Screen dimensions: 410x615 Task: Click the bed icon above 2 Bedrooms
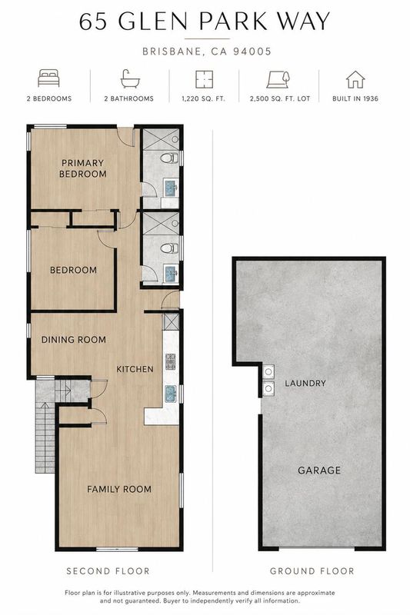tap(48, 78)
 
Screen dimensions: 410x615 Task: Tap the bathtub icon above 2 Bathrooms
tap(129, 78)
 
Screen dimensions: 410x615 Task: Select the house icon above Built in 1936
tap(355, 79)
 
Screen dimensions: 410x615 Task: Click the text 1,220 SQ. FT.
tap(203, 99)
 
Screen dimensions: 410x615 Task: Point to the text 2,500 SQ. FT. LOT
tap(280, 99)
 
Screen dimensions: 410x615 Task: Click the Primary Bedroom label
tap(83, 168)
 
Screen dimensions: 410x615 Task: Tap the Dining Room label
tap(74, 340)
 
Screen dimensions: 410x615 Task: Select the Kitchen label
tap(135, 369)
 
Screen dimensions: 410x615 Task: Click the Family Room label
tap(119, 489)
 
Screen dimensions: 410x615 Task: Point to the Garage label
tap(319, 470)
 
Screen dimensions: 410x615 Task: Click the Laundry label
tap(305, 383)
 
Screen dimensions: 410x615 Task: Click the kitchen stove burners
tap(171, 361)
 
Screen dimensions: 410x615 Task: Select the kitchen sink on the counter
tap(171, 394)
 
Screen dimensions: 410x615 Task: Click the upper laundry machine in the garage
tap(268, 371)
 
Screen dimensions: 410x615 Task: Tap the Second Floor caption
tap(108, 571)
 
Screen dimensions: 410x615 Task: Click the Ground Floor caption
tap(312, 571)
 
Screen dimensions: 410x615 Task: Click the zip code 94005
tap(252, 52)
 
